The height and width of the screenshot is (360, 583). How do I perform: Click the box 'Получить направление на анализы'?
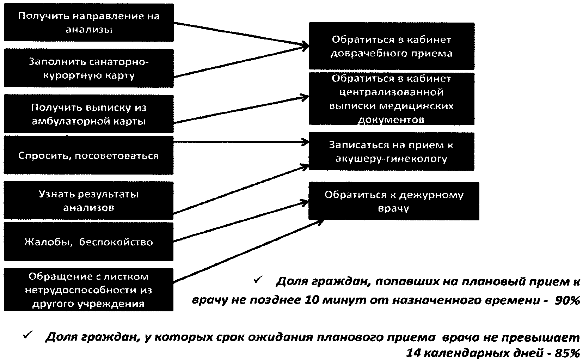(x=88, y=23)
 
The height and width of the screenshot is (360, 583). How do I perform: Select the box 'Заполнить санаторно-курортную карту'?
(x=88, y=68)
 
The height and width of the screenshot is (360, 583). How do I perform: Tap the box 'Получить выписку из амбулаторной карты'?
(x=88, y=114)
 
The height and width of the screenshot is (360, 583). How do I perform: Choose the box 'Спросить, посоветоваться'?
(x=88, y=155)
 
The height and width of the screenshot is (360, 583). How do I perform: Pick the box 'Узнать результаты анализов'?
(x=88, y=200)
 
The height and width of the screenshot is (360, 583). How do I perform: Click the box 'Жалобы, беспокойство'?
(x=88, y=242)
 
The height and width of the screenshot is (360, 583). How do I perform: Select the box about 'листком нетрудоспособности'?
(x=88, y=290)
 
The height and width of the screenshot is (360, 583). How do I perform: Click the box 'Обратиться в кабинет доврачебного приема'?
(x=391, y=46)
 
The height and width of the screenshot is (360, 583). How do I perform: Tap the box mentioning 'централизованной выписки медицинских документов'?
(x=391, y=99)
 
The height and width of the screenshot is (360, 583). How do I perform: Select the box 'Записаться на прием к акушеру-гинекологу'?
(x=391, y=151)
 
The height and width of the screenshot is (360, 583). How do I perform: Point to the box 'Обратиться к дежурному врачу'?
(x=393, y=201)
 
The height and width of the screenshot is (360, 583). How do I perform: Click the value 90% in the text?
(x=567, y=300)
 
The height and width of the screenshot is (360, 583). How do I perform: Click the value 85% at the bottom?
(x=567, y=353)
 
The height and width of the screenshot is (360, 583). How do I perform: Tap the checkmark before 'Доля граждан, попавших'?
(x=257, y=280)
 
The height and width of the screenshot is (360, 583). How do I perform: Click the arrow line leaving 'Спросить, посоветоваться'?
(x=240, y=142)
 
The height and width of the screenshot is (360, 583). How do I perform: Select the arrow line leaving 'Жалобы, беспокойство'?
(x=240, y=222)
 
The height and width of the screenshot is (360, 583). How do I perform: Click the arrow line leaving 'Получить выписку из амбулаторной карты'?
(x=240, y=109)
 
